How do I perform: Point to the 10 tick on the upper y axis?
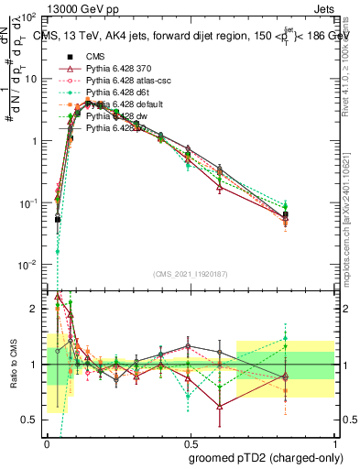coord(35,79)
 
